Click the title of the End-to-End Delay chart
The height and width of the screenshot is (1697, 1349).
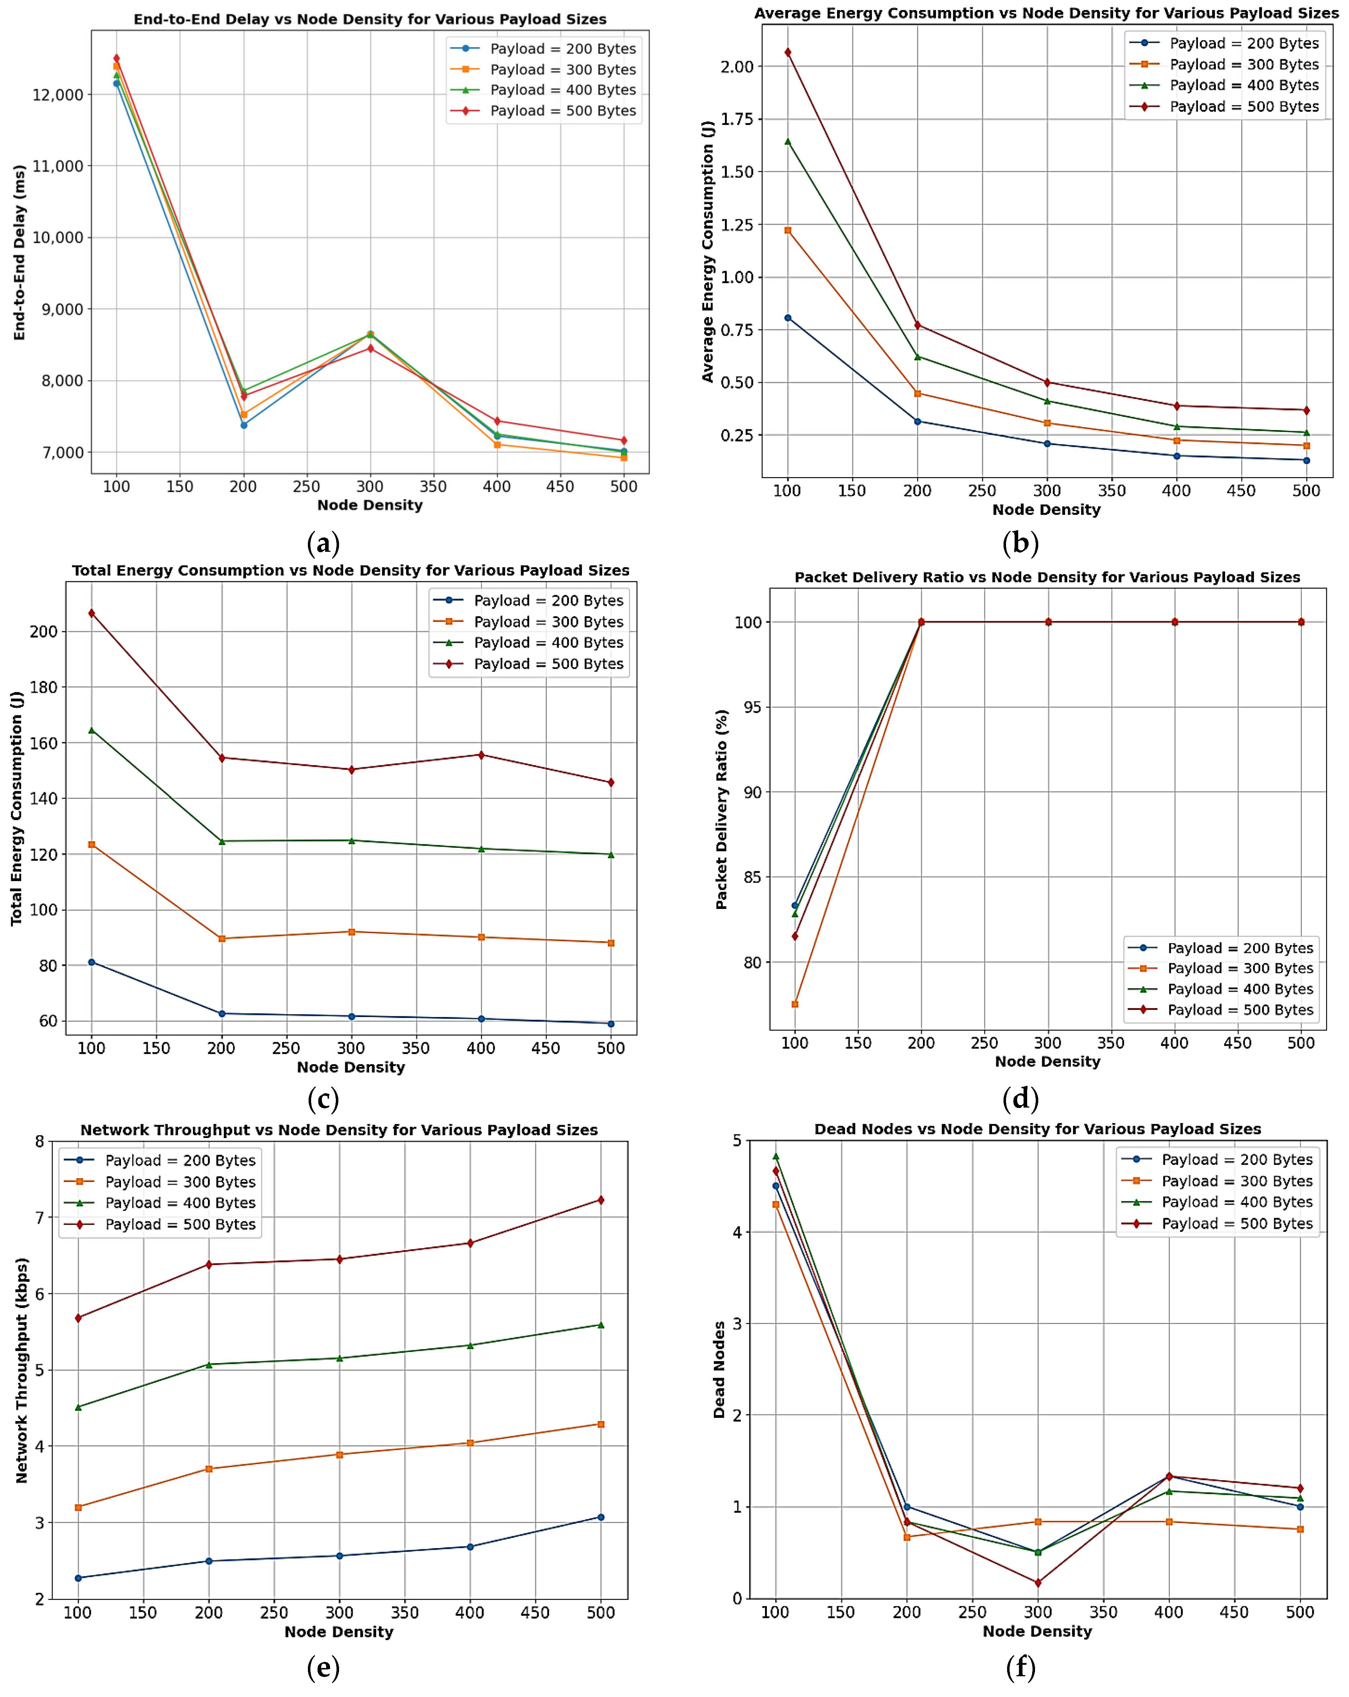(369, 19)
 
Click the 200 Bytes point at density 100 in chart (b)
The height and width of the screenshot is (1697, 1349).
(788, 318)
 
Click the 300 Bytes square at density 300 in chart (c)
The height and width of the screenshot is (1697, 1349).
(351, 932)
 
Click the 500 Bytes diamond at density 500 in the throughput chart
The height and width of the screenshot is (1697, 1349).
(601, 1200)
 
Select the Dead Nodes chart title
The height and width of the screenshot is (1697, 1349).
(1037, 1129)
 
